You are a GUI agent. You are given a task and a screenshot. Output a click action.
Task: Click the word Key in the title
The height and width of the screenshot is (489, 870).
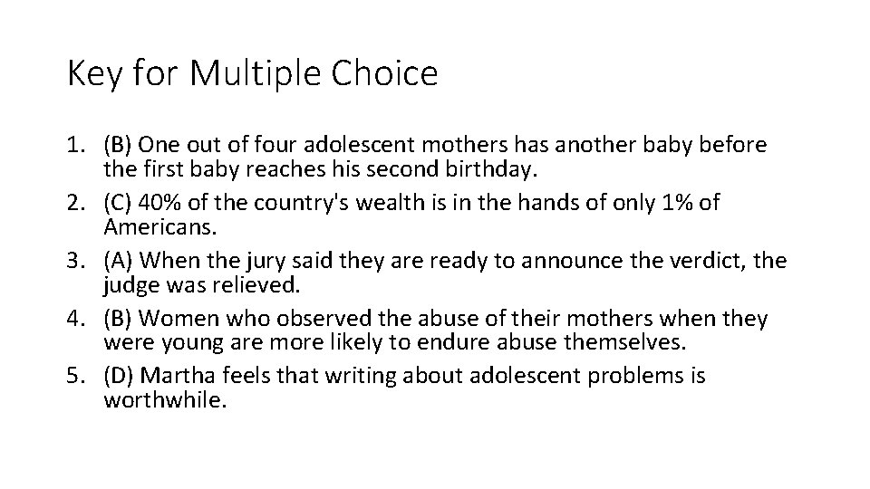(x=94, y=74)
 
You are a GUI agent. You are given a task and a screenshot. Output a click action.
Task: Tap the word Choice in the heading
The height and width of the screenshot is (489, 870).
(x=384, y=74)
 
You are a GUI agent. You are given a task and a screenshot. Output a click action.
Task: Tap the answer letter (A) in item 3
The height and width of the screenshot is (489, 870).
(x=120, y=261)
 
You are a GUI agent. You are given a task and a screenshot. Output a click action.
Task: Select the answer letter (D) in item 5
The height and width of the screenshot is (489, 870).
(x=120, y=377)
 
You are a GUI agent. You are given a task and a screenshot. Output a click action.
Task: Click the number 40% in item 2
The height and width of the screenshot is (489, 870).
(x=160, y=203)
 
